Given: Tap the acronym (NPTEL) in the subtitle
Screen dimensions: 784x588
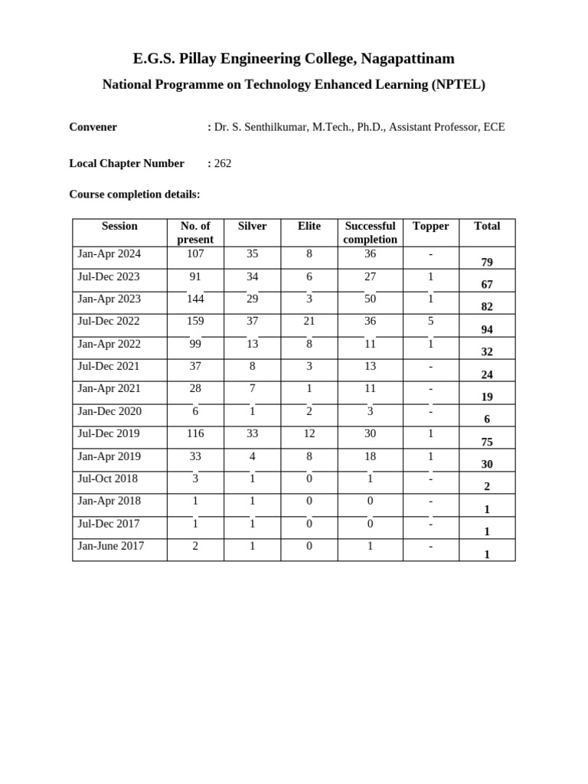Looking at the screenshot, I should (457, 85).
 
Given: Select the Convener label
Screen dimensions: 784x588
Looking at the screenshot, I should (93, 127).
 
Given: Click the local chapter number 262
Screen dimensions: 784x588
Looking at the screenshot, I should (223, 163).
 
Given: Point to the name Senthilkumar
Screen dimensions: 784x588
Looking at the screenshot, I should (274, 127).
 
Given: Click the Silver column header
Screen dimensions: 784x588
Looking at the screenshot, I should (252, 226).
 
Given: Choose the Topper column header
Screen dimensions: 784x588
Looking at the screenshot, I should (430, 226).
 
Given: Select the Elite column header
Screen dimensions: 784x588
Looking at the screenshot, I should (309, 226).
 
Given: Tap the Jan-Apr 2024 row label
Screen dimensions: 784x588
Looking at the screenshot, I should (109, 254).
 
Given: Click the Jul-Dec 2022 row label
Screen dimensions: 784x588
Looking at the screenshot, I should (109, 322).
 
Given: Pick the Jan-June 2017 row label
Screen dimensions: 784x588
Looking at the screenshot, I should (110, 546).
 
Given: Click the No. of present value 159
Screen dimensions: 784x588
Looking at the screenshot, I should (195, 322).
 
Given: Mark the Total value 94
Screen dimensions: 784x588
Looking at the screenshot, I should (487, 330).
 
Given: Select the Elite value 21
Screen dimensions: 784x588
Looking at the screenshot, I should (309, 322).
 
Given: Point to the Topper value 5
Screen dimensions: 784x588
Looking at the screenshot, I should (431, 322).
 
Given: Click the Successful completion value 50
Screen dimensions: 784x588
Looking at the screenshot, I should (370, 299).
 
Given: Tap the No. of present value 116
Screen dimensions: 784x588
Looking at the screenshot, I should (195, 433).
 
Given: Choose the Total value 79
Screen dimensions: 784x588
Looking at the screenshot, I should (487, 263).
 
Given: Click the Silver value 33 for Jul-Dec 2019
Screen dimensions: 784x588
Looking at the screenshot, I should (252, 433).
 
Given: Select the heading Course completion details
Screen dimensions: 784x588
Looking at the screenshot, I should (134, 194).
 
